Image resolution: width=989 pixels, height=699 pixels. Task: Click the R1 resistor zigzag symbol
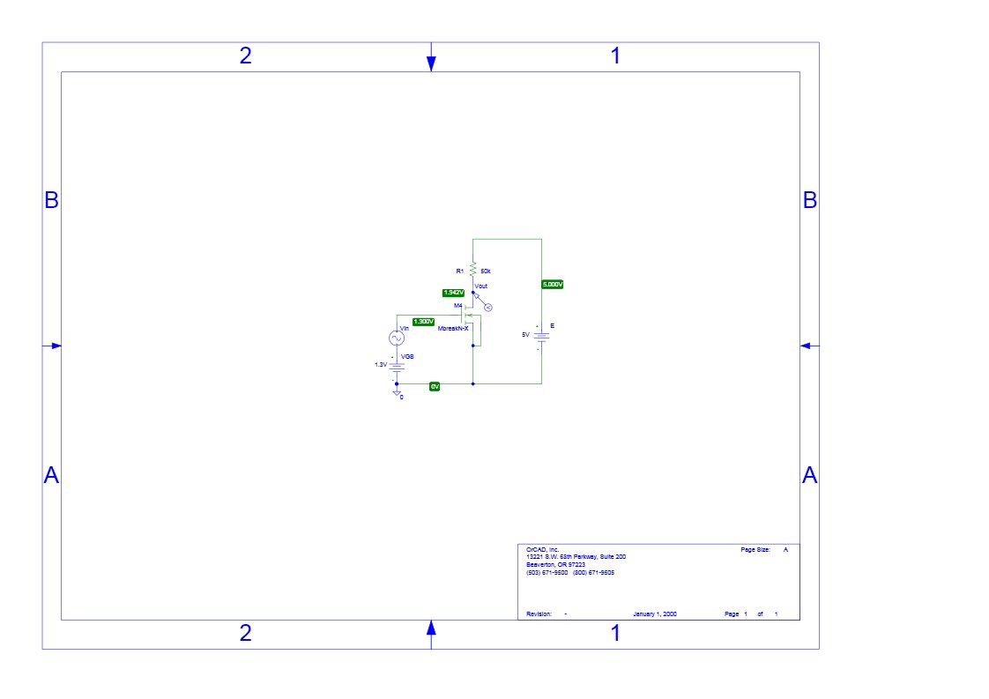473,269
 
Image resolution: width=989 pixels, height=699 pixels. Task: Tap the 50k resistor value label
486,271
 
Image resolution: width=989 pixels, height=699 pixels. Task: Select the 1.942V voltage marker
453,292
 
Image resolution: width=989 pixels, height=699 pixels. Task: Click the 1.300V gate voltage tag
423,322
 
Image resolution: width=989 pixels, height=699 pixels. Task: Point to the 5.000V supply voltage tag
552,285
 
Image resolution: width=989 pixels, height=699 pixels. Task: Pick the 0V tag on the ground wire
435,387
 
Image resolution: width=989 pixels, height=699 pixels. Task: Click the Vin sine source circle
397,338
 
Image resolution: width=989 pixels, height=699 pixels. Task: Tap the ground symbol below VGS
397,392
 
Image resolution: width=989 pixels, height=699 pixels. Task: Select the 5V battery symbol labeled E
541,338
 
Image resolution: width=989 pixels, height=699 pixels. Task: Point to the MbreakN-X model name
453,328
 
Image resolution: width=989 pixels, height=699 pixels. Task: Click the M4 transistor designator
457,305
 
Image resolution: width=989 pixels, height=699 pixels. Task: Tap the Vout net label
480,286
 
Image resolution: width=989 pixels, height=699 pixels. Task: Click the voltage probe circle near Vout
488,308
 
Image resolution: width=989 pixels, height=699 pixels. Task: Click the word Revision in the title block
539,613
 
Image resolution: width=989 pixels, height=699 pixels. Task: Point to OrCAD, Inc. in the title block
542,549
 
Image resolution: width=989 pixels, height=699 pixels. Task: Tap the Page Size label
755,549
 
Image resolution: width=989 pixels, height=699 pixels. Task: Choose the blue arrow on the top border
431,62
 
